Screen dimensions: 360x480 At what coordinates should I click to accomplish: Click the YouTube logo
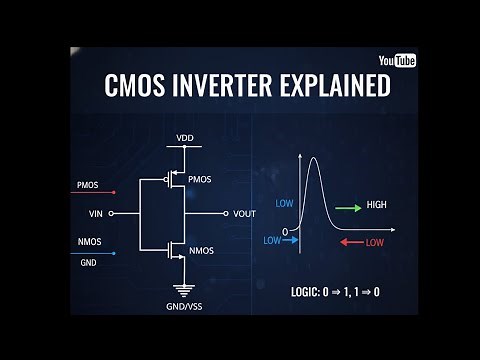point(398,61)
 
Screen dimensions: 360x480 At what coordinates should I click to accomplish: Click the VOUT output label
point(245,213)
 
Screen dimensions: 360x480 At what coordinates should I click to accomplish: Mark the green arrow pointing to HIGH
point(349,208)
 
